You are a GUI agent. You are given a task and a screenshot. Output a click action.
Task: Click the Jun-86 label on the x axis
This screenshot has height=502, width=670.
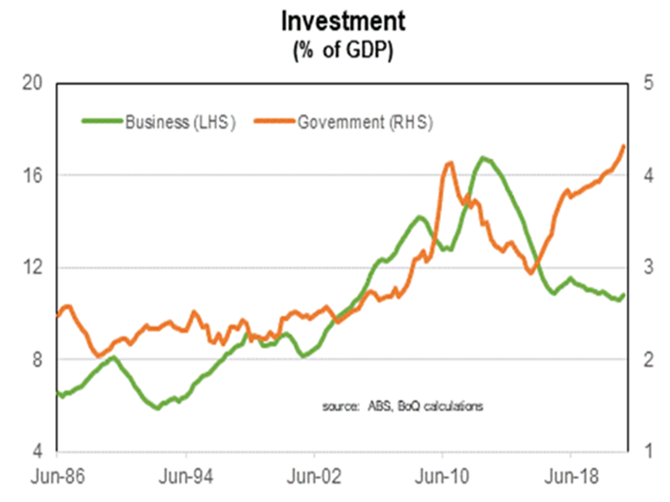57,478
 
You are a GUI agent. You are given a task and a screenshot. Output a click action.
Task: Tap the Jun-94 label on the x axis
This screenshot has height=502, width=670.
185,478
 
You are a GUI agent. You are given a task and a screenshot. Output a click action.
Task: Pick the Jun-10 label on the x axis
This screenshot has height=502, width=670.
442,478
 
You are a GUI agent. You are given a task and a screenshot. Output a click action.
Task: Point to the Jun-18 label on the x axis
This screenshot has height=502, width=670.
570,478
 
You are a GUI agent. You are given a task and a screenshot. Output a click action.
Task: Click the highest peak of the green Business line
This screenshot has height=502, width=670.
483,158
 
